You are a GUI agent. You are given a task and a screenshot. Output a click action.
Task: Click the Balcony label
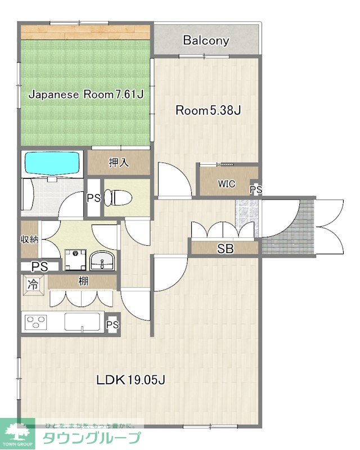tap(206, 40)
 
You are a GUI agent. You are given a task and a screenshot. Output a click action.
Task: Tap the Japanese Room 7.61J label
tap(86, 94)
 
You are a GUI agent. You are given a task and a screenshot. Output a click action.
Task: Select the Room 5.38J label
tap(208, 110)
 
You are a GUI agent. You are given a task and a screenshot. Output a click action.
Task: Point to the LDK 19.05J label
tap(130, 380)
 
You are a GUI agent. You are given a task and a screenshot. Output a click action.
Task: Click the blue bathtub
tap(52, 163)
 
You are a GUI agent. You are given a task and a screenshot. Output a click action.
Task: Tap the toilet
tap(118, 198)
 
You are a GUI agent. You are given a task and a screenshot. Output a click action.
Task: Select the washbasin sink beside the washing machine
tap(102, 260)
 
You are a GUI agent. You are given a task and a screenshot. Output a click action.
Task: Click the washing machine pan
tap(75, 260)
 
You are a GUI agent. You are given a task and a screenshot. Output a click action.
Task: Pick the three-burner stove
tap(36, 322)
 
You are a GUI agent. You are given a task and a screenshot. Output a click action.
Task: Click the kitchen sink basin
tap(82, 322)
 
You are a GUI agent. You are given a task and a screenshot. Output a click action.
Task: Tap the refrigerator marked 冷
tap(33, 285)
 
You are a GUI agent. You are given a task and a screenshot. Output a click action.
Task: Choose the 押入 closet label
tap(119, 163)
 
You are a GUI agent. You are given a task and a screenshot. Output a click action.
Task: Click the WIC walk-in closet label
tap(227, 184)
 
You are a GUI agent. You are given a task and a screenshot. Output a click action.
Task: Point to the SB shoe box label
tap(226, 249)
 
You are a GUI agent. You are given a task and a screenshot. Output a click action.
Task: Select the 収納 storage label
tap(29, 240)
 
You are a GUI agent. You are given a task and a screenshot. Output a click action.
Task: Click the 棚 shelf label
tap(83, 281)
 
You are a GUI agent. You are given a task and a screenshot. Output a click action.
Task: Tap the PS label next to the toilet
tap(94, 198)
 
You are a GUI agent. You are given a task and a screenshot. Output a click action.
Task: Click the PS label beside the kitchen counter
tap(112, 325)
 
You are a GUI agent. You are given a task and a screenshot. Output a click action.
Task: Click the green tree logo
tap(17, 431)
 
